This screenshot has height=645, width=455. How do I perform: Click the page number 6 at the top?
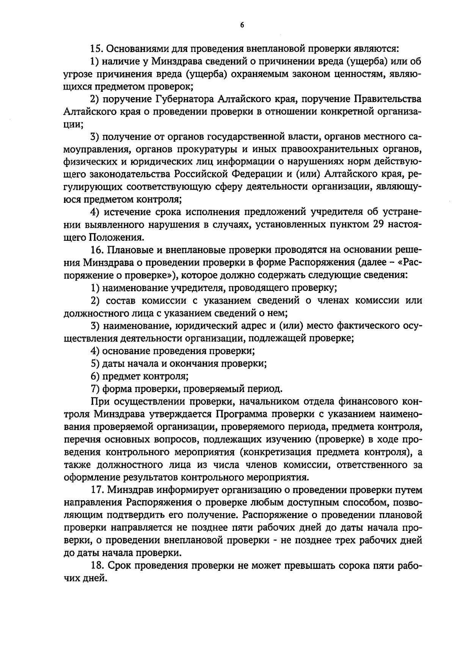coord(242,25)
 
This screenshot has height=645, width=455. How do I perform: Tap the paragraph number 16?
coord(97,250)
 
